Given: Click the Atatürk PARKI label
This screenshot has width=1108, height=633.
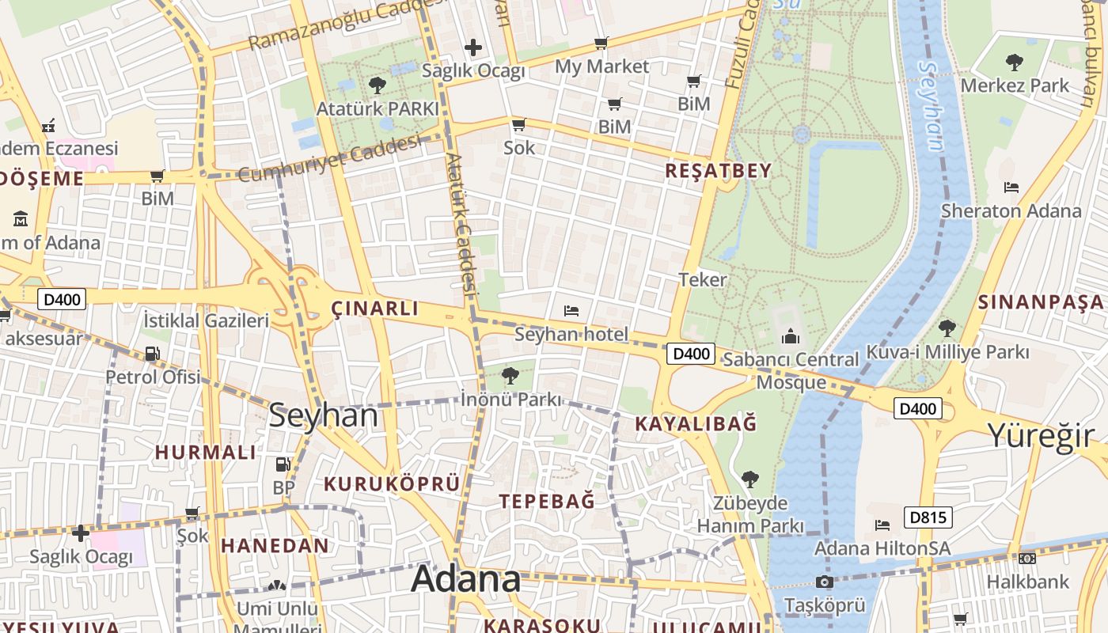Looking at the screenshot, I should click(x=378, y=108).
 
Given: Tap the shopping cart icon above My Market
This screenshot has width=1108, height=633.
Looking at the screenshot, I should click(x=601, y=43).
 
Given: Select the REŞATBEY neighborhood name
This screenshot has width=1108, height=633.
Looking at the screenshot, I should click(x=718, y=171).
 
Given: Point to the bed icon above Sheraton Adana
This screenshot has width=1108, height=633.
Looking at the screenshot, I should click(x=1011, y=188).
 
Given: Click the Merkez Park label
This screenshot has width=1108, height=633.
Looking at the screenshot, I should click(x=1014, y=85).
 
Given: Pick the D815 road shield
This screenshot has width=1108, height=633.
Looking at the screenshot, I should click(x=928, y=517).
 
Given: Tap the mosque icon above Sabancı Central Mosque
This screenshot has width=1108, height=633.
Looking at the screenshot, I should click(x=790, y=338).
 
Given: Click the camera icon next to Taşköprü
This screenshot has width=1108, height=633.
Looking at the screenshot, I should click(x=825, y=582).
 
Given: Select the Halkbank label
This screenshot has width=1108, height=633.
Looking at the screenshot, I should click(x=1027, y=582).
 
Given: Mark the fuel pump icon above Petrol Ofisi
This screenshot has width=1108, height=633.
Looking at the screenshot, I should click(x=152, y=354).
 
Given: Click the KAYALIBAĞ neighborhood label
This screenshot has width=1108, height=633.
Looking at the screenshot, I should click(x=696, y=424).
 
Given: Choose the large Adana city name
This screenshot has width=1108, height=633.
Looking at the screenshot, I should click(x=466, y=579).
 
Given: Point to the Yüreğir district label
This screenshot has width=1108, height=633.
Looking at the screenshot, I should click(x=1040, y=435).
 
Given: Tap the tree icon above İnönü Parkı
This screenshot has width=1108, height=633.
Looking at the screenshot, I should click(x=510, y=375).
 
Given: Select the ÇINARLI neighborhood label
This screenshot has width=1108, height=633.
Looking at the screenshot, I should click(x=374, y=309).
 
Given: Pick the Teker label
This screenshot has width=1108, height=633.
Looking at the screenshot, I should click(x=703, y=279).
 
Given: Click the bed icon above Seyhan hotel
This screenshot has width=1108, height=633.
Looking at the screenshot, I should click(x=571, y=311).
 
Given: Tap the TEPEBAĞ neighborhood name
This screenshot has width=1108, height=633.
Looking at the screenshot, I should click(x=547, y=501).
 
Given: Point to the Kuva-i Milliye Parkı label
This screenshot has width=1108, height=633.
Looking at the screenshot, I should click(x=947, y=352).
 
